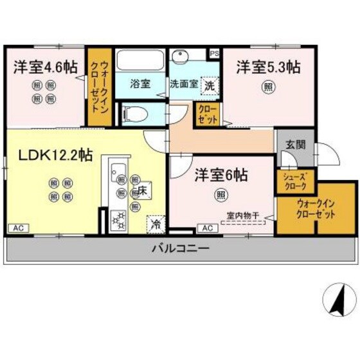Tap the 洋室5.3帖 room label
268,67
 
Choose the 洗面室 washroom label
184,84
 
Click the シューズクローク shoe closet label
295,182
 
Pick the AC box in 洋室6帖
207,228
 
